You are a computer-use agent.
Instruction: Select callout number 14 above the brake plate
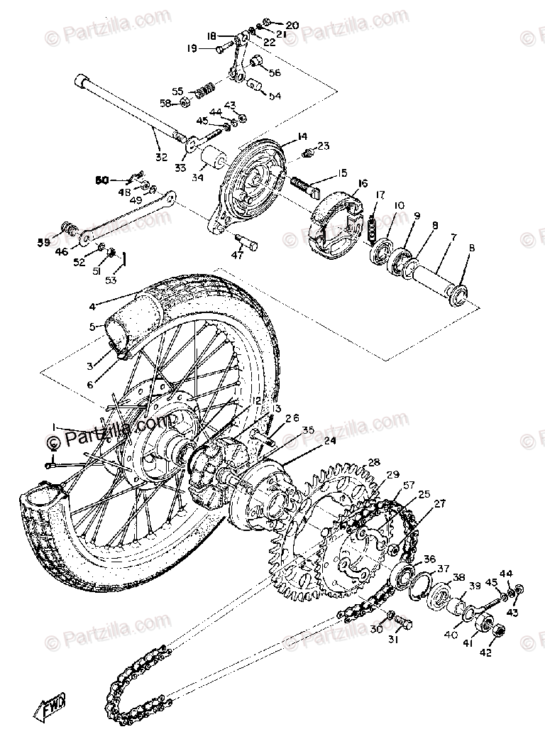click(x=282, y=136)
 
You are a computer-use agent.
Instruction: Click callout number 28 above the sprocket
click(x=373, y=462)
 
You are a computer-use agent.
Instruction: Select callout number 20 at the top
click(x=291, y=25)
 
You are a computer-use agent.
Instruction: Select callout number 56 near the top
click(x=275, y=72)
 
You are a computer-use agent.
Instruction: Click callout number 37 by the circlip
click(x=443, y=567)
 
